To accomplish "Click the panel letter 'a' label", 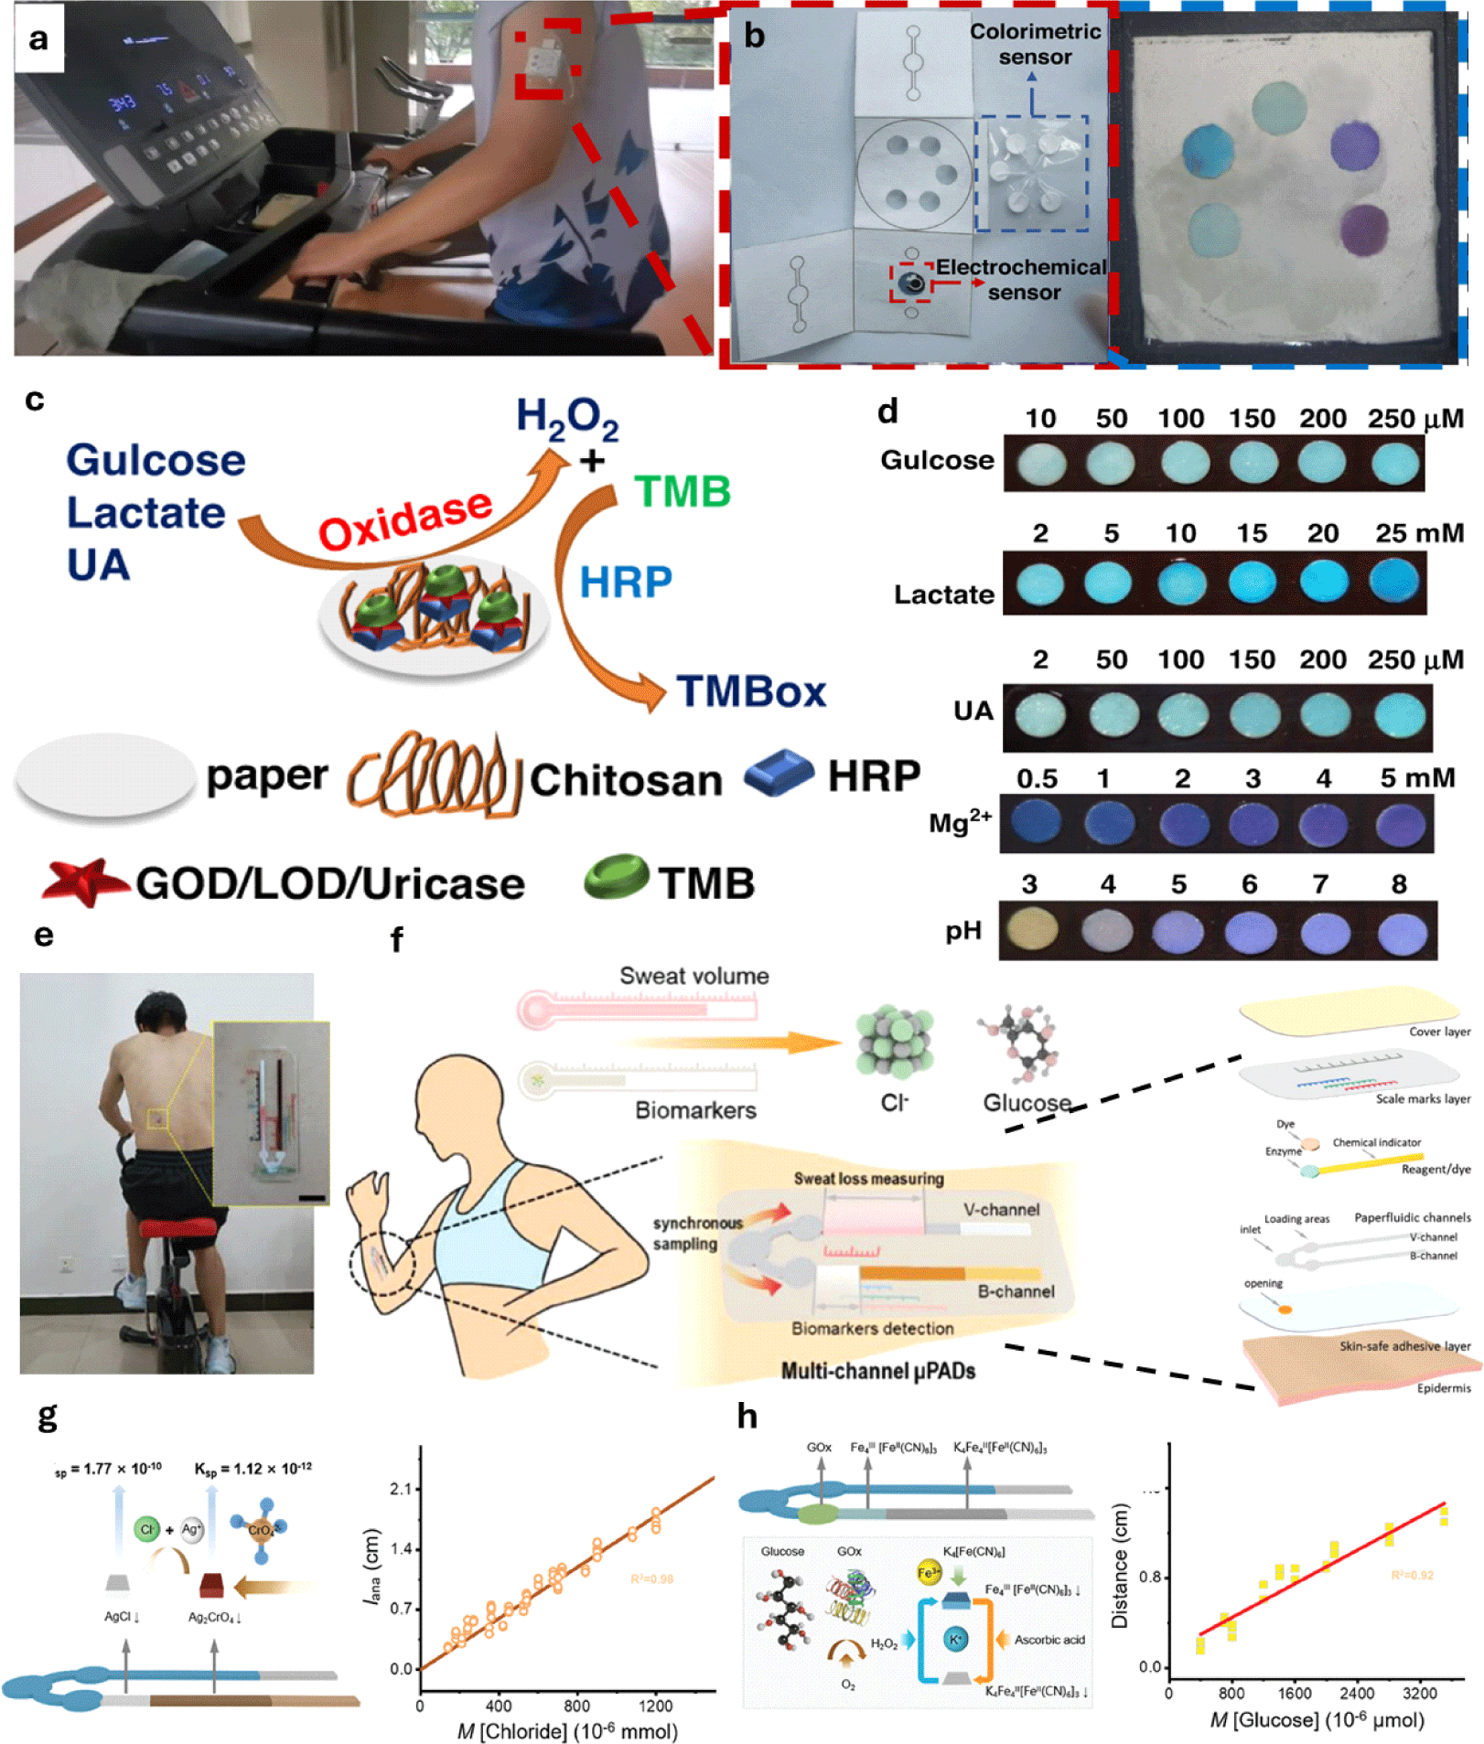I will (x=38, y=38).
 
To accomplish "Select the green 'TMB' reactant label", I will (x=683, y=492).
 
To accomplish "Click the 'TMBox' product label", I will (x=750, y=691).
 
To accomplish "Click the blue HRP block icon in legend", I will (x=778, y=773).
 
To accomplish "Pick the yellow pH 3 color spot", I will (x=1032, y=929).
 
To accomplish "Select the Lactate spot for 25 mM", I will (x=1394, y=582).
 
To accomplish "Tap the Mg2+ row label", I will (x=960, y=821).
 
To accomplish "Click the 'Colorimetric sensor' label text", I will (x=1035, y=44).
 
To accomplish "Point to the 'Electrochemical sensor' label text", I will (x=1021, y=279).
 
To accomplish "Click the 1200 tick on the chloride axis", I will (x=655, y=1706).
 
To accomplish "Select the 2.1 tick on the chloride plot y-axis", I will (x=400, y=1489).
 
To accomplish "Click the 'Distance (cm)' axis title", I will (x=1119, y=1566).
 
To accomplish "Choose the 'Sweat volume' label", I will (x=694, y=976).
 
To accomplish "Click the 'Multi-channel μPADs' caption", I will (x=877, y=1371).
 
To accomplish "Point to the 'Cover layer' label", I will (x=1438, y=1032).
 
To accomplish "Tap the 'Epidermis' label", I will (x=1443, y=1388).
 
